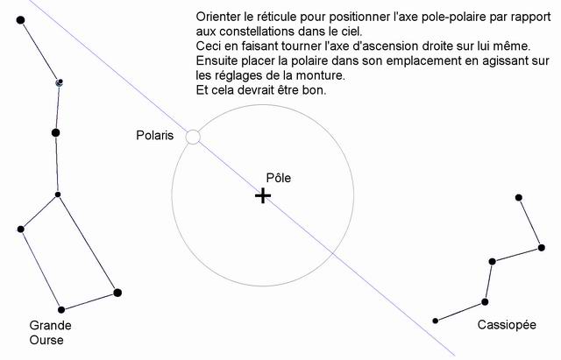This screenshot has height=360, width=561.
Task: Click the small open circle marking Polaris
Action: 193,138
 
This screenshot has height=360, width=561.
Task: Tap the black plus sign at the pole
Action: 263,196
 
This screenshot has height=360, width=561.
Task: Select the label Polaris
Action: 155,135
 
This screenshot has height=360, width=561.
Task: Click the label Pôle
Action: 279,178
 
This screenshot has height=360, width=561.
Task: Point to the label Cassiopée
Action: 507,325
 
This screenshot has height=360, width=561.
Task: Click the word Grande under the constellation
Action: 51,325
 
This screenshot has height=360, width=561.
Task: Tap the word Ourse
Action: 46,340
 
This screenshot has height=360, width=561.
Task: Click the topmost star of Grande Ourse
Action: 21,20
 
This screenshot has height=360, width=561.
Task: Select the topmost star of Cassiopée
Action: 519,197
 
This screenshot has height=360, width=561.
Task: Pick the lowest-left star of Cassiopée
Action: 436,321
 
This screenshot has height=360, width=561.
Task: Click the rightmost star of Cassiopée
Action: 542,247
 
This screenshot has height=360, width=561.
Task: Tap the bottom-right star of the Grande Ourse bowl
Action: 117,293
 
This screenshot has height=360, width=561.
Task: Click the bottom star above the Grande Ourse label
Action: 61,309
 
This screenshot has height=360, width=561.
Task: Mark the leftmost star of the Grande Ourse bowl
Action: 21,229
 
